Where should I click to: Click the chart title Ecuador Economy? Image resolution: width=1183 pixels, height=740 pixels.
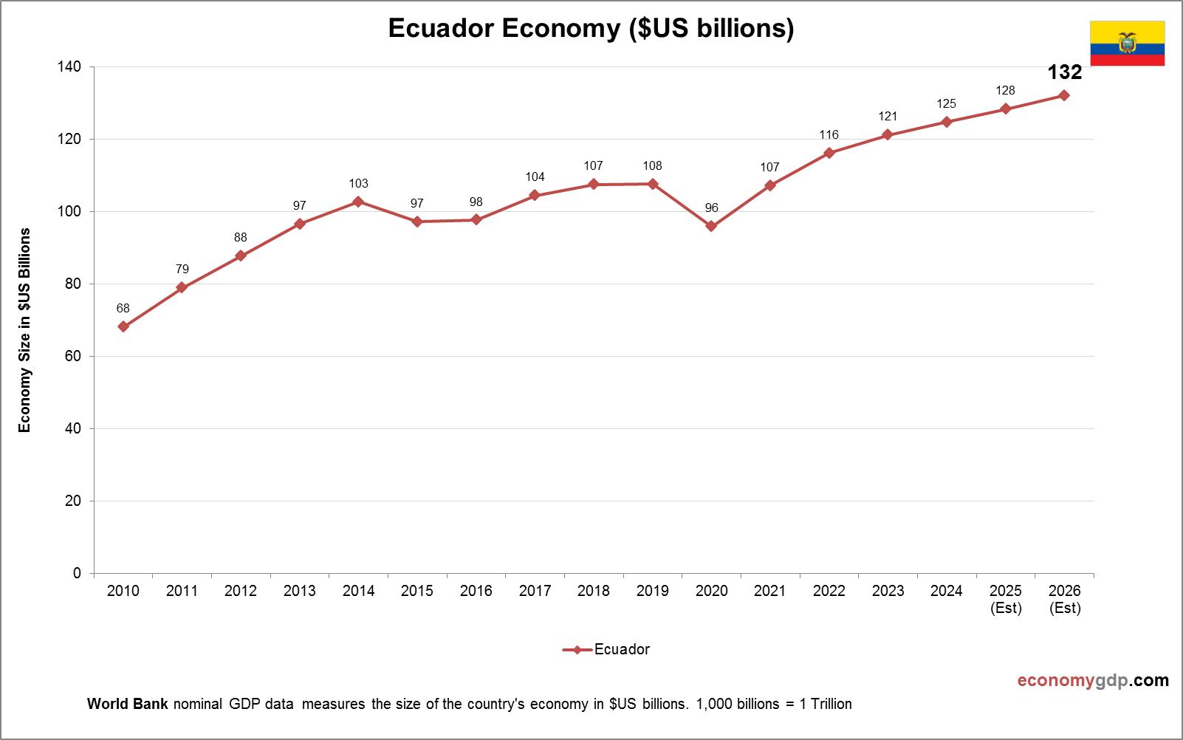tap(591, 28)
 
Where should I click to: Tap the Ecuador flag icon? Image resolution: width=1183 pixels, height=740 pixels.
tap(1127, 44)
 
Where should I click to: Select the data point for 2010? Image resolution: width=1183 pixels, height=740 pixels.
tap(123, 326)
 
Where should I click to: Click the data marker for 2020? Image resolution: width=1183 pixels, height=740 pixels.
tap(711, 226)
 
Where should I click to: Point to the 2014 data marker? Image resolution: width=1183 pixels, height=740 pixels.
tap(358, 202)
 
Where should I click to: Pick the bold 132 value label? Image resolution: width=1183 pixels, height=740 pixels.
tap(1064, 72)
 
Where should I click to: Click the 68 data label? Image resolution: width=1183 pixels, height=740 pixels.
tap(123, 308)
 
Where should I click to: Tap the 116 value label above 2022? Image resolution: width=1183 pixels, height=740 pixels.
tap(829, 134)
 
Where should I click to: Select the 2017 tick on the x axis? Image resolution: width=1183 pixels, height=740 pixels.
tap(535, 591)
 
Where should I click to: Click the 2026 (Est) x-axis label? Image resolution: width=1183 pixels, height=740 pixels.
tap(1064, 599)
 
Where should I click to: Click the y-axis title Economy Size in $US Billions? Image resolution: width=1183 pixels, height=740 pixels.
tap(25, 329)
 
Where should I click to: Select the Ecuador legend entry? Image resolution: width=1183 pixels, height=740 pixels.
tap(606, 649)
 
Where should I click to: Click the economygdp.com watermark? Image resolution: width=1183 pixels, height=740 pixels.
tap(1093, 680)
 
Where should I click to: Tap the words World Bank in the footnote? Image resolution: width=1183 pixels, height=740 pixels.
tap(128, 704)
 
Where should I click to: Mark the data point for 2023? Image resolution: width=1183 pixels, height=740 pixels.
tap(888, 135)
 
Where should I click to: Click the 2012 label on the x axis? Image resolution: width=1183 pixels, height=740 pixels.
tap(241, 591)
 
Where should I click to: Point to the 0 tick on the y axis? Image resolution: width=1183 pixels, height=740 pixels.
tap(77, 573)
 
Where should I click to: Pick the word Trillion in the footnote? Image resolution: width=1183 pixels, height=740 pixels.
tap(831, 704)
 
